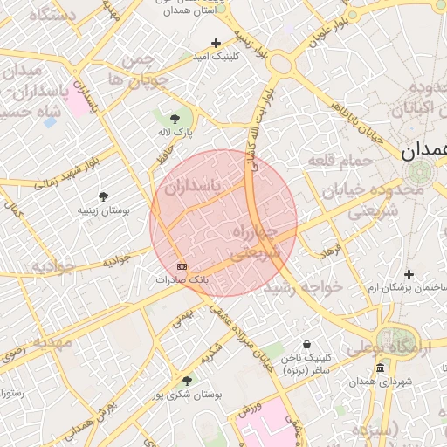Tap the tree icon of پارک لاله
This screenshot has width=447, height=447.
(175, 117)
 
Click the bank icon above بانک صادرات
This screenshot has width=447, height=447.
(182, 266)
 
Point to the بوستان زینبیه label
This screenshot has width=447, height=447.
(104, 210)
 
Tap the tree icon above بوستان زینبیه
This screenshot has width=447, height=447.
(104, 196)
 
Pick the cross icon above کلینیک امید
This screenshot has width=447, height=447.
(216, 43)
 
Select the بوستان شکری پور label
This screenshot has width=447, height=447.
(187, 395)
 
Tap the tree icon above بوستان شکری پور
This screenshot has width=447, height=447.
(187, 381)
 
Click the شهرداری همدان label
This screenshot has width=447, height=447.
(380, 382)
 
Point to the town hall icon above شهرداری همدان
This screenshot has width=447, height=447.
(380, 368)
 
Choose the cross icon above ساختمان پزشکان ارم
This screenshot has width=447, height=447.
(409, 275)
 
